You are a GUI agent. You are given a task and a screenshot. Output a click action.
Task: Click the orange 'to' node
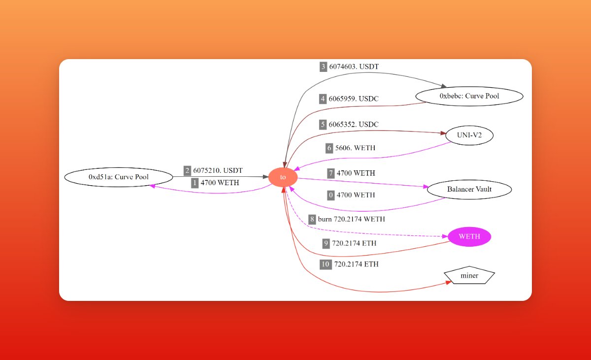[283, 177]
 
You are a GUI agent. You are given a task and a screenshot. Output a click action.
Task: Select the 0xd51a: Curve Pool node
[119, 177]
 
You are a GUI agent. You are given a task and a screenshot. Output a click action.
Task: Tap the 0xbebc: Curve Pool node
[469, 96]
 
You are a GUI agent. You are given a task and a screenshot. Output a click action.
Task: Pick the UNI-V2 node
[469, 134]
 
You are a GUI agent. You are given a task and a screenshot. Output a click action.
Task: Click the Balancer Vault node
[469, 189]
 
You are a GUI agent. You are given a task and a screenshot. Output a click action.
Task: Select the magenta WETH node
[469, 236]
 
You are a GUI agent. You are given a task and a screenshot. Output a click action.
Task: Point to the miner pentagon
[469, 276]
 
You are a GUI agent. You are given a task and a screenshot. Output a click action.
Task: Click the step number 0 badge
[331, 195]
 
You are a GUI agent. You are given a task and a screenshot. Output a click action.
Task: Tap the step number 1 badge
[195, 183]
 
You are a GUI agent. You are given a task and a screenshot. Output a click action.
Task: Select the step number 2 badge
[187, 171]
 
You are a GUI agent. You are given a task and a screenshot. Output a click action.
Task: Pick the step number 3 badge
[323, 66]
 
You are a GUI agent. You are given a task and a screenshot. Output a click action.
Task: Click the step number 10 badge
[325, 264]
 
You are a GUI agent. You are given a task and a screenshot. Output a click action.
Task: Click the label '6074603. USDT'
[354, 66]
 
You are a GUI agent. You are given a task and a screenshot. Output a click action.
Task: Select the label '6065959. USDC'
[354, 99]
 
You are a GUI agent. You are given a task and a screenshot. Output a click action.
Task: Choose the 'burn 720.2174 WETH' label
[352, 219]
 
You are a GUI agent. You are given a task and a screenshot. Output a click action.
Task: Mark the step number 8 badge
[312, 219]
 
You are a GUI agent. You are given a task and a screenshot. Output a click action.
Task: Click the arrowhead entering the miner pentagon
[448, 282]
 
